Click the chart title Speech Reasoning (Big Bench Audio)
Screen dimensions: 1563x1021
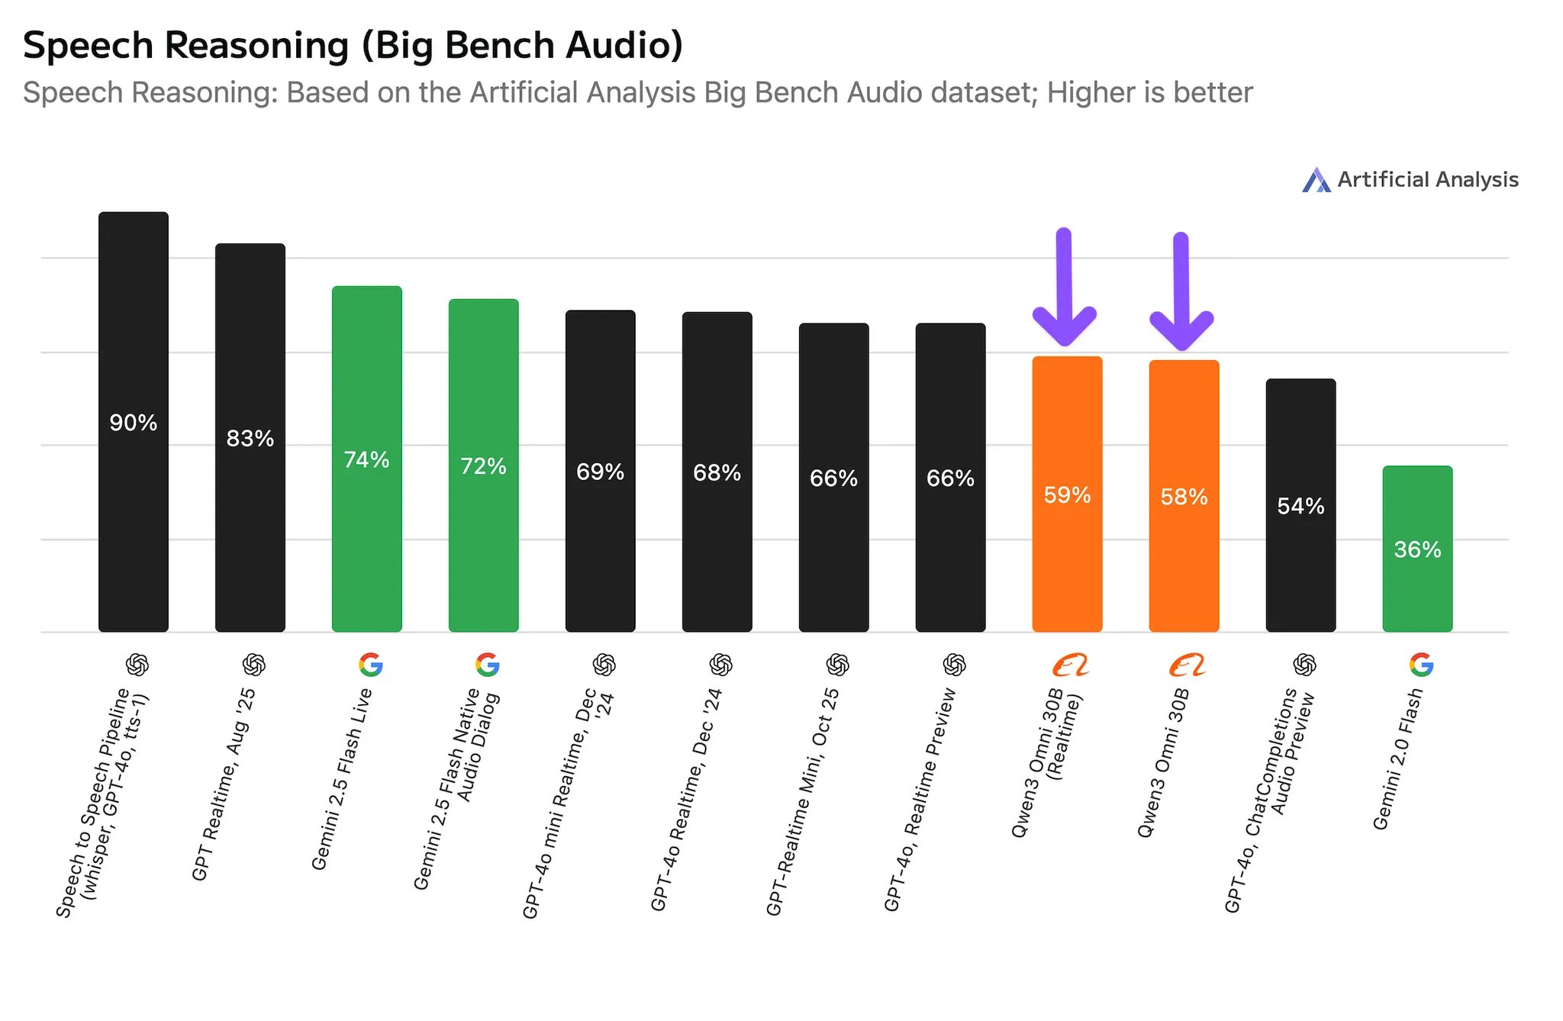[x=353, y=46]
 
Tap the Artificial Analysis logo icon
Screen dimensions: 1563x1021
[x=1316, y=180]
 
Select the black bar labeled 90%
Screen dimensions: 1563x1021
[x=134, y=422]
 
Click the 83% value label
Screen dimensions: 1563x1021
[x=250, y=439]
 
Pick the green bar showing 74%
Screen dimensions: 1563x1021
[x=367, y=459]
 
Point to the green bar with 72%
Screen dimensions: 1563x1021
[x=484, y=465]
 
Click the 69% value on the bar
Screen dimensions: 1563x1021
[x=601, y=472]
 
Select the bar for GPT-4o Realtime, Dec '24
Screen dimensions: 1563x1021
[x=717, y=472]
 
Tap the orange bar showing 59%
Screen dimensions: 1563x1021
[x=1068, y=494]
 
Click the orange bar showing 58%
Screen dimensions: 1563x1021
[x=1184, y=496]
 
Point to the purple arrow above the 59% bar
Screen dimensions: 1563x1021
[x=1065, y=286]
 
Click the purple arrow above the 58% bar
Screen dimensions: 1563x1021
[x=1181, y=291]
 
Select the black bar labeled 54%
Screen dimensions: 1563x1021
[x=1301, y=505]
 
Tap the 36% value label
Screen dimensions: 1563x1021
[x=1418, y=549]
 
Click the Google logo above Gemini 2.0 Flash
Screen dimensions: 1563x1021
[x=1422, y=665]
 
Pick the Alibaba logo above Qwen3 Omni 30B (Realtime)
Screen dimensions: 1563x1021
[x=1070, y=665]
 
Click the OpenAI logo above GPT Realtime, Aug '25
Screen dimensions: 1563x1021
[x=254, y=665]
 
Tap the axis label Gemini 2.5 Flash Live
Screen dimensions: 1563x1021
[x=342, y=778]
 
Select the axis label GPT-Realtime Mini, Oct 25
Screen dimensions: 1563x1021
[x=802, y=801]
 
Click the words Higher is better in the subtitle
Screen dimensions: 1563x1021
[x=1150, y=93]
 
